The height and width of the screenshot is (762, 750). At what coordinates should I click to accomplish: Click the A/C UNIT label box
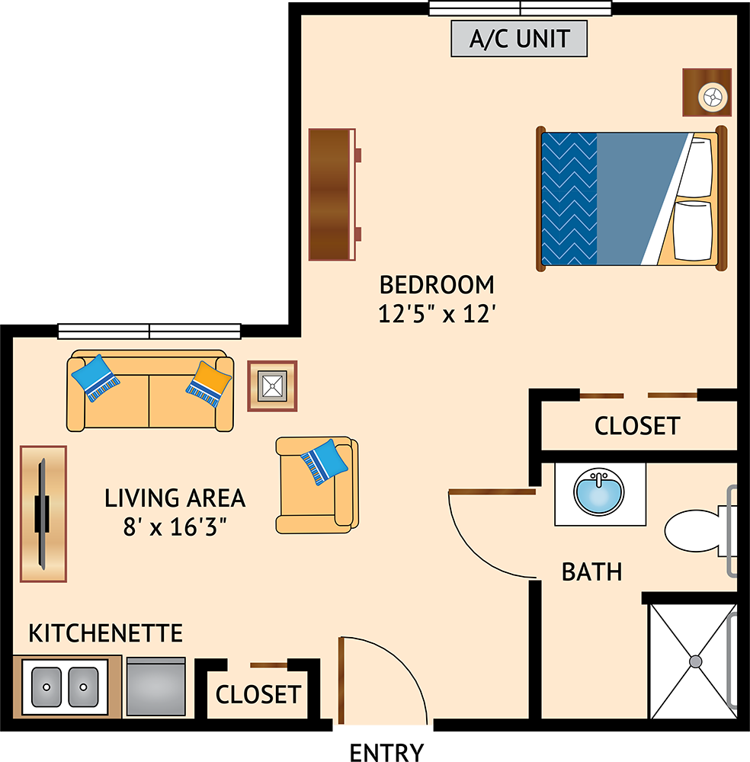[519, 38]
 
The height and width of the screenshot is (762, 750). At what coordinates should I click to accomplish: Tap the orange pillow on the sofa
[209, 384]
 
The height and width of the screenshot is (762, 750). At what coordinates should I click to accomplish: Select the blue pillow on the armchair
[324, 462]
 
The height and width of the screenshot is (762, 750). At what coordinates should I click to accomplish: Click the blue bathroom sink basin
[599, 491]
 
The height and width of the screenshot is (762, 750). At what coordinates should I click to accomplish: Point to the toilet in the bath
[700, 530]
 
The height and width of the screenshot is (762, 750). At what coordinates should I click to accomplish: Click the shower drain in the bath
[696, 661]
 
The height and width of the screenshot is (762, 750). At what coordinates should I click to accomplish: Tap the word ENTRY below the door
[386, 752]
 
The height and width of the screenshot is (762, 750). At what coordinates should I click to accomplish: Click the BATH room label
[591, 572]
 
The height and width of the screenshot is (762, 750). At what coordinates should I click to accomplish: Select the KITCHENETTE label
[105, 633]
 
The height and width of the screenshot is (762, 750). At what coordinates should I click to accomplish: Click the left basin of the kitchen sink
[46, 687]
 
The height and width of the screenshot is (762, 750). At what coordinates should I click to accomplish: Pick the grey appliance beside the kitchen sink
[155, 687]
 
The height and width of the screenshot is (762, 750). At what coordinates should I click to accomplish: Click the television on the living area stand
[42, 513]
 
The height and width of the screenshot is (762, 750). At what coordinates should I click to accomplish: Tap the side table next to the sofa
[272, 386]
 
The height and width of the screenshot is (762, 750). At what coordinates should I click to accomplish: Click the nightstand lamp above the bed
[713, 97]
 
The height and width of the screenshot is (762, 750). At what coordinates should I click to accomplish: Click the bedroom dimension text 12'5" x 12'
[437, 314]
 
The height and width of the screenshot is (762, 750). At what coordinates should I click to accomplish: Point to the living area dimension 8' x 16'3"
[175, 527]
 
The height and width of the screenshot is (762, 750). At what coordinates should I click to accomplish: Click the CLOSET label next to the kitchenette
[258, 694]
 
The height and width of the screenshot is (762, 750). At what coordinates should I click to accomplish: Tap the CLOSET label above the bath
[637, 426]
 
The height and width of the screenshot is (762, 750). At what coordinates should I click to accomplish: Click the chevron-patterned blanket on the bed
[569, 199]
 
